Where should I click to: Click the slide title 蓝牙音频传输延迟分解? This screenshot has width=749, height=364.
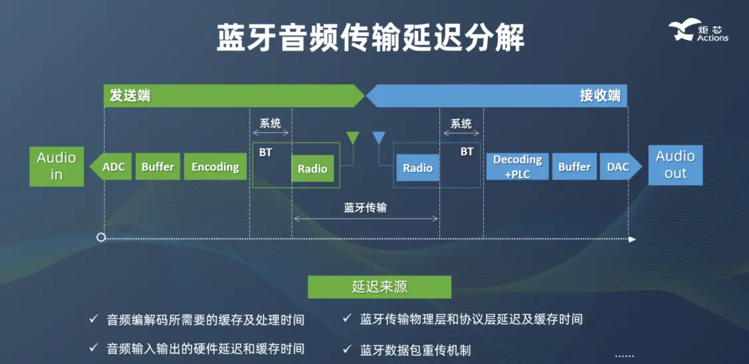point(370,37)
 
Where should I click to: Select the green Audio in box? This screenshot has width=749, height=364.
point(57,166)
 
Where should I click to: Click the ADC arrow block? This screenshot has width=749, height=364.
point(111,167)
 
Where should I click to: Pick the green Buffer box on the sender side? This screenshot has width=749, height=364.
point(158,167)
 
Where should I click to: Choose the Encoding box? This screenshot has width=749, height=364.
point(215,167)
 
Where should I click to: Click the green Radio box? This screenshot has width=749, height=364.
point(312,169)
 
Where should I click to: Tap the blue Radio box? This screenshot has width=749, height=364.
point(417,168)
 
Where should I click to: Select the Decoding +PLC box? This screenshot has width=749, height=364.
point(517,167)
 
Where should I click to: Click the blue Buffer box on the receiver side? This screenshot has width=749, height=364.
point(574,167)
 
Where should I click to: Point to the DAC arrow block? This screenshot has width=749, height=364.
point(620,167)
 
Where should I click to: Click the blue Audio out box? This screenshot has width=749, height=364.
point(675,165)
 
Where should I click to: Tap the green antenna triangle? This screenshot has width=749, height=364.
point(353,137)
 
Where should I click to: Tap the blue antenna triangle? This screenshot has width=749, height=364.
point(379,137)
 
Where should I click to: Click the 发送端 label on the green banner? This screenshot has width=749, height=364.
point(127,96)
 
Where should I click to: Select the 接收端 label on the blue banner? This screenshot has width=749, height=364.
point(599,96)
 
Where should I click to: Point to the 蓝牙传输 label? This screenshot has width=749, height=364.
point(365,207)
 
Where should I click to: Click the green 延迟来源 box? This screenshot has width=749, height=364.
point(379,287)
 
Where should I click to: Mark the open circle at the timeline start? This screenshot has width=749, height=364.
point(101,237)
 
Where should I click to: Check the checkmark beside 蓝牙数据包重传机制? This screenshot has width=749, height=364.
point(347,349)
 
